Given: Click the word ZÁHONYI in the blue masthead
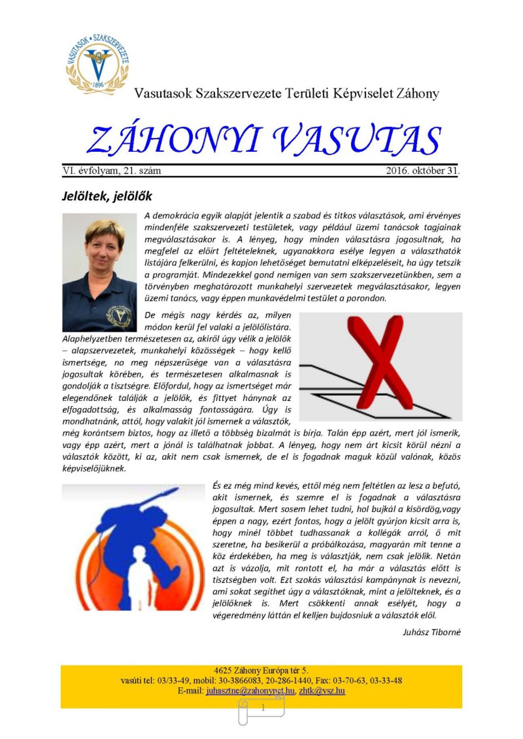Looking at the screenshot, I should [x=174, y=140].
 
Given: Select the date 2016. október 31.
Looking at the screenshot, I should [x=422, y=171].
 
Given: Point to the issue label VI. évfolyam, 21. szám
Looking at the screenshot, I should [x=112, y=171].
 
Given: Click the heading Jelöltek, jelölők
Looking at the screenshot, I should [x=107, y=196].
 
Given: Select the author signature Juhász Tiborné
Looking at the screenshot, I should [x=431, y=632].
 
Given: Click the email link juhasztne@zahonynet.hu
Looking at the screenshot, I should [x=250, y=691].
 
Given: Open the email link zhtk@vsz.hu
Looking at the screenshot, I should [x=322, y=691].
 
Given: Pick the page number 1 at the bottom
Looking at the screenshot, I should [x=263, y=708].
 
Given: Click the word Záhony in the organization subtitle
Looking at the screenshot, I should [x=417, y=93].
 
